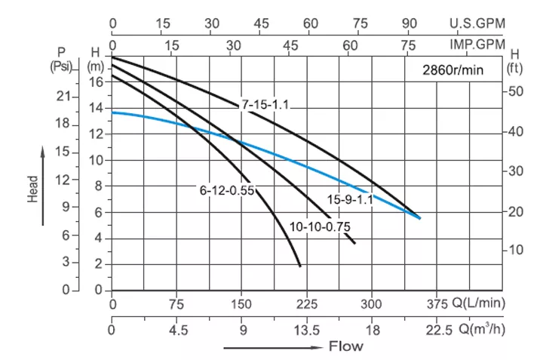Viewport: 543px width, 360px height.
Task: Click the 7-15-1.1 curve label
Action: tap(265, 105)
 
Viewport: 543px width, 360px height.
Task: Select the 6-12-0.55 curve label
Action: tap(226, 191)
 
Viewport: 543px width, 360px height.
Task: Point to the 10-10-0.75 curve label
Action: tap(320, 226)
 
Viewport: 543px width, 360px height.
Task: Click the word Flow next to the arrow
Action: tap(345, 347)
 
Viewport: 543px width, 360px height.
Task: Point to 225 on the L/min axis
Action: tap(306, 305)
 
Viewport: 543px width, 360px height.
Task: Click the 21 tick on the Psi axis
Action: tap(63, 97)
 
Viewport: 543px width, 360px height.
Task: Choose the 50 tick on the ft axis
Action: tap(516, 91)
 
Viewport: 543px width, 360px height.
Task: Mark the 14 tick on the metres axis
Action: tap(95, 108)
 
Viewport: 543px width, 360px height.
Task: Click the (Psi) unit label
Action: tap(60, 66)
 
